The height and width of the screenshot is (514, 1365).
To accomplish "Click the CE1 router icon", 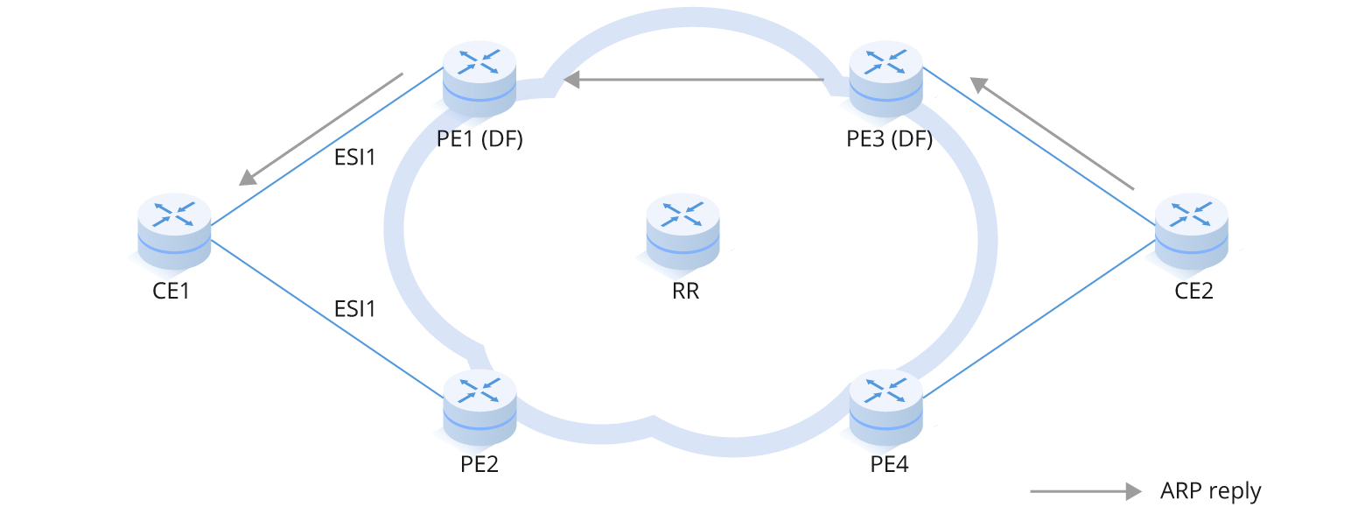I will coord(174,231).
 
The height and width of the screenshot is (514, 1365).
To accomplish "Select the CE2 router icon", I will coord(1192,231).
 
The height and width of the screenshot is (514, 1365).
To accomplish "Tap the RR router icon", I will coord(683,230).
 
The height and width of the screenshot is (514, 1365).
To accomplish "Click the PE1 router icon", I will coord(479,79).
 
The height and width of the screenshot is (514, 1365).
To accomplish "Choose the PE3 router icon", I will coord(885,79).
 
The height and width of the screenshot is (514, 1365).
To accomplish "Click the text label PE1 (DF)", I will coord(479,139).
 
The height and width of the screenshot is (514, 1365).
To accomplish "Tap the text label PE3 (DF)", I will coord(889,139).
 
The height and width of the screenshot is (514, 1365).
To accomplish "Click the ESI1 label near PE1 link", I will coord(355,158).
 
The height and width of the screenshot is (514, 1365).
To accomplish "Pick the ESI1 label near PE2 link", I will coord(355,308).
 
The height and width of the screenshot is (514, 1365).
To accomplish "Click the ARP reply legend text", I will coord(1210,490).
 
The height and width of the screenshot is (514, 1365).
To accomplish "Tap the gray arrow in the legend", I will coord(1085,490).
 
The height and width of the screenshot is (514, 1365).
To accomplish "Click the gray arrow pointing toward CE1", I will coord(321,129).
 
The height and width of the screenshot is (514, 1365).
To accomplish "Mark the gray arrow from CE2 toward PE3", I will coord(1053,133).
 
